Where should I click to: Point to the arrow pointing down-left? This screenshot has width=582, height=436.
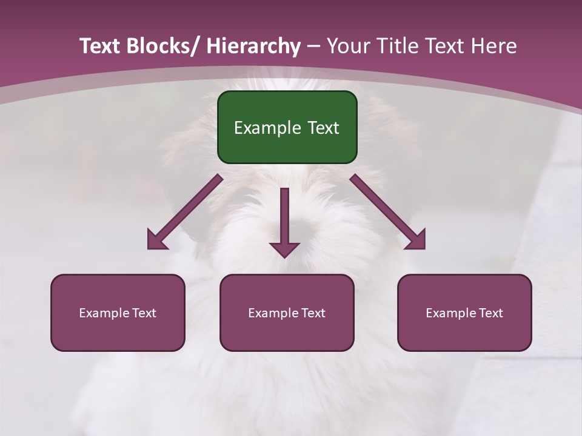185,212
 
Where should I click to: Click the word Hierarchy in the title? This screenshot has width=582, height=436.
253,46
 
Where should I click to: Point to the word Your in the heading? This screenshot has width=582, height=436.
347,46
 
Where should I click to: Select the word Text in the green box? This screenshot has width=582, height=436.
323,128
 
